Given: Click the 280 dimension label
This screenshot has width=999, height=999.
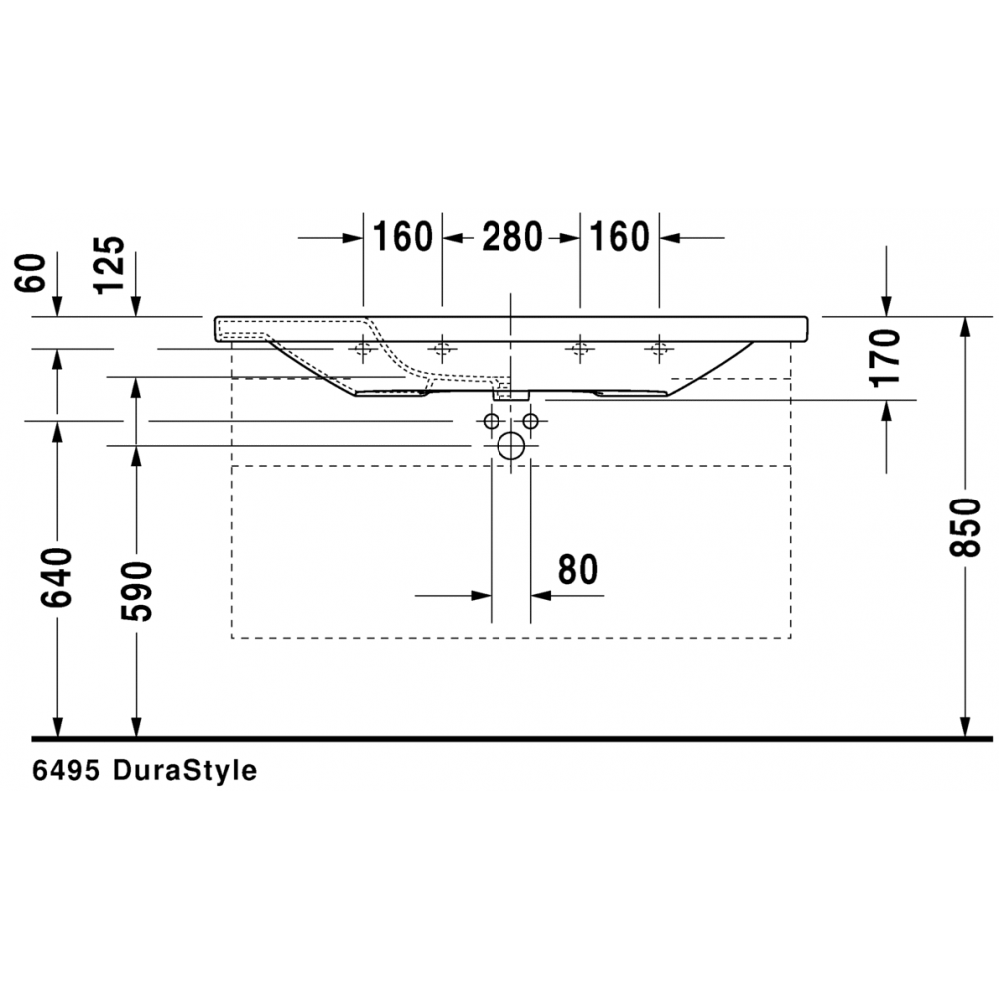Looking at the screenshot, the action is (x=512, y=237).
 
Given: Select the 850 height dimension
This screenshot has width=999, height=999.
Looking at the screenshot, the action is (x=965, y=527).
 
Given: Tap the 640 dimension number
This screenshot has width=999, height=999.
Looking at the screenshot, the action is (x=57, y=577).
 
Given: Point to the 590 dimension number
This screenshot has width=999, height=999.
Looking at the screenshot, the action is (x=136, y=591).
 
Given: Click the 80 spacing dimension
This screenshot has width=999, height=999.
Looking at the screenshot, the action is (x=578, y=569).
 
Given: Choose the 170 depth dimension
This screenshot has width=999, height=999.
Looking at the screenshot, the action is (x=885, y=358).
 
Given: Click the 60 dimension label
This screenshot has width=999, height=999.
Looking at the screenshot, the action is (x=31, y=273).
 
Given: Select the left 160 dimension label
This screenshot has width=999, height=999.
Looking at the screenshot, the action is (x=402, y=237).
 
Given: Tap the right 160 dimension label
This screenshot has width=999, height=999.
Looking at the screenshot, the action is (x=620, y=237).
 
